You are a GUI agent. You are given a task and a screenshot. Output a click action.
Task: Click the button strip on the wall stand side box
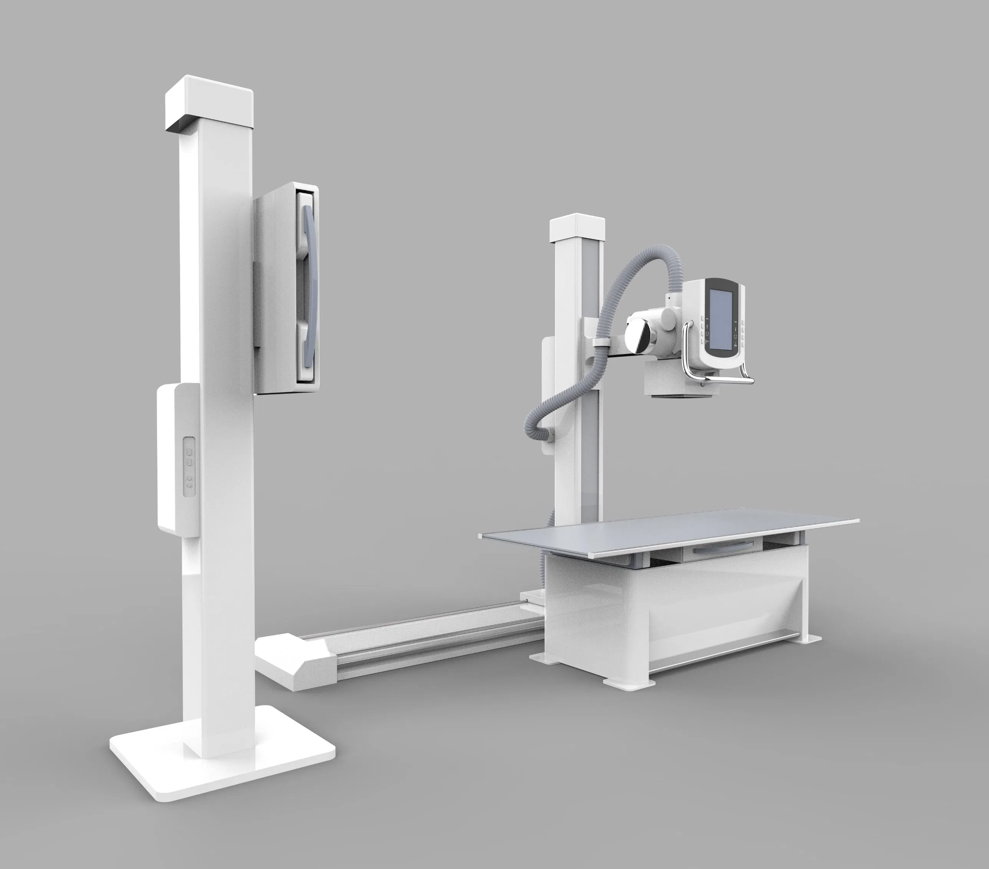point(189,466)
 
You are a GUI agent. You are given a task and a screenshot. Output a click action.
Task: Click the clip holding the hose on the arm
point(600,343)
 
